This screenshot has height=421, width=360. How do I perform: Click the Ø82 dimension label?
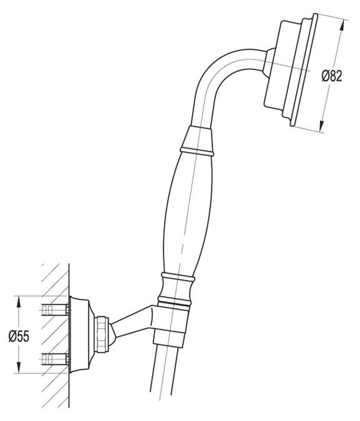(x=332, y=76)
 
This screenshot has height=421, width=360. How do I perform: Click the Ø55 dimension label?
(x=19, y=336)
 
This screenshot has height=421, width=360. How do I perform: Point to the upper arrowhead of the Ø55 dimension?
(x=18, y=299)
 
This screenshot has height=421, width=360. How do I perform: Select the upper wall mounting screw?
(x=54, y=309)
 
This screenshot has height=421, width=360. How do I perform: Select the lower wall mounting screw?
(x=54, y=359)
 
